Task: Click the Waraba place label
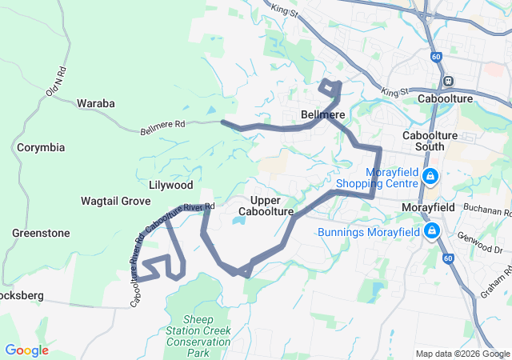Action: tap(96, 103)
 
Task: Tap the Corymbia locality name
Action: tap(41, 148)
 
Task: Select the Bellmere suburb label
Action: tap(322, 115)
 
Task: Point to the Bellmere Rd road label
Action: tap(162, 126)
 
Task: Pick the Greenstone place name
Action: tap(41, 234)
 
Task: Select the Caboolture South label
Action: tap(430, 142)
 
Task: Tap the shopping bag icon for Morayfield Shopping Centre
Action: tap(430, 175)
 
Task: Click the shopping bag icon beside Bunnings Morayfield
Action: tap(433, 232)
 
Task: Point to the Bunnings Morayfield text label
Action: tap(369, 233)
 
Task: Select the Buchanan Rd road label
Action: tap(486, 212)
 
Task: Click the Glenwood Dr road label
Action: tap(480, 243)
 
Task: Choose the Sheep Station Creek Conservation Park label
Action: tap(197, 336)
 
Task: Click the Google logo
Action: tap(26, 350)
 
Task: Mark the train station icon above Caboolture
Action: tap(448, 80)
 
